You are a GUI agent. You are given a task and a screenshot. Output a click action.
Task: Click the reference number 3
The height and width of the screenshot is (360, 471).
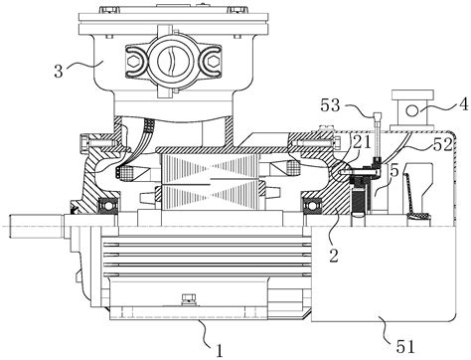(x=59, y=71)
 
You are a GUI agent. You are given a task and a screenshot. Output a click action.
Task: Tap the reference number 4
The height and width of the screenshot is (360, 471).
(x=464, y=103)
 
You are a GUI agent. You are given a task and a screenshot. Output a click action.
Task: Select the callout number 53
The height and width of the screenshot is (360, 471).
(x=330, y=105)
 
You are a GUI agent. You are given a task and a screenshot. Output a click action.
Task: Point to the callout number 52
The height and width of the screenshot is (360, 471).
(x=443, y=145)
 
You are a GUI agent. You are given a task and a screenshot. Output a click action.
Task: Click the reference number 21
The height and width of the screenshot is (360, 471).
(x=362, y=142)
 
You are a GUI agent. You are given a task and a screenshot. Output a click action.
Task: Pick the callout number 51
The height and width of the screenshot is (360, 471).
(x=405, y=347)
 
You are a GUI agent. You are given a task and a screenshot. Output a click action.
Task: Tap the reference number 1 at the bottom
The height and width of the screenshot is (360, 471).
(x=220, y=351)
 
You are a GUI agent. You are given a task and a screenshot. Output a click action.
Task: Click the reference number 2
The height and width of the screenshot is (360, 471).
(x=334, y=256)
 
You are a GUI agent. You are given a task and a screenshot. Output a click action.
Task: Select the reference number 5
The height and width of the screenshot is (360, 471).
(x=394, y=171)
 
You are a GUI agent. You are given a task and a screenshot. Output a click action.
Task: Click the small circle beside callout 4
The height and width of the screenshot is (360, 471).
(x=412, y=110)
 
